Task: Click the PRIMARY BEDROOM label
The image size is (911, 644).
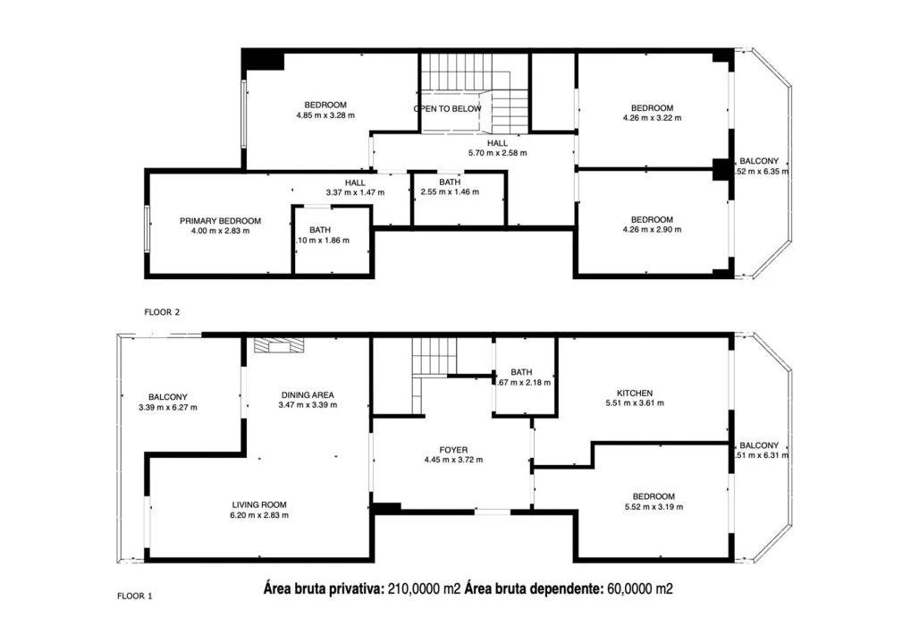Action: [220, 221]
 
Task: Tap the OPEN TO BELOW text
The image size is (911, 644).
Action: [447, 109]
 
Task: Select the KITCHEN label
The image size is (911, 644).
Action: [635, 393]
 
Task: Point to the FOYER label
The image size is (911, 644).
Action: [453, 450]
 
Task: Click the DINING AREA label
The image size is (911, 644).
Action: [308, 394]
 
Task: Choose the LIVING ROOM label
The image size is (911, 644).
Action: [260, 504]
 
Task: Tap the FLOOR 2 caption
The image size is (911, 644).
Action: [162, 312]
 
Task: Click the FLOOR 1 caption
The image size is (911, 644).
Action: [135, 595]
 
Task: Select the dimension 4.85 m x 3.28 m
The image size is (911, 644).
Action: [325, 115]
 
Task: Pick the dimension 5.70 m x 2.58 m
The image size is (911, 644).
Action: [497, 153]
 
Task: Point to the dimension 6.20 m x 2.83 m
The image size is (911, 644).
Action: [260, 515]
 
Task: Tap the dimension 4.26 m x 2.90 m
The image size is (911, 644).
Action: [652, 230]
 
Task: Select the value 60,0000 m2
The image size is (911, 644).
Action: [640, 589]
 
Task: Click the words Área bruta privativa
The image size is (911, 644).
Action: [324, 589]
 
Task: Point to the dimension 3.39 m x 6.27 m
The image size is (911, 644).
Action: [167, 408]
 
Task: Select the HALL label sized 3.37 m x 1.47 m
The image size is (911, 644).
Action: [355, 182]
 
